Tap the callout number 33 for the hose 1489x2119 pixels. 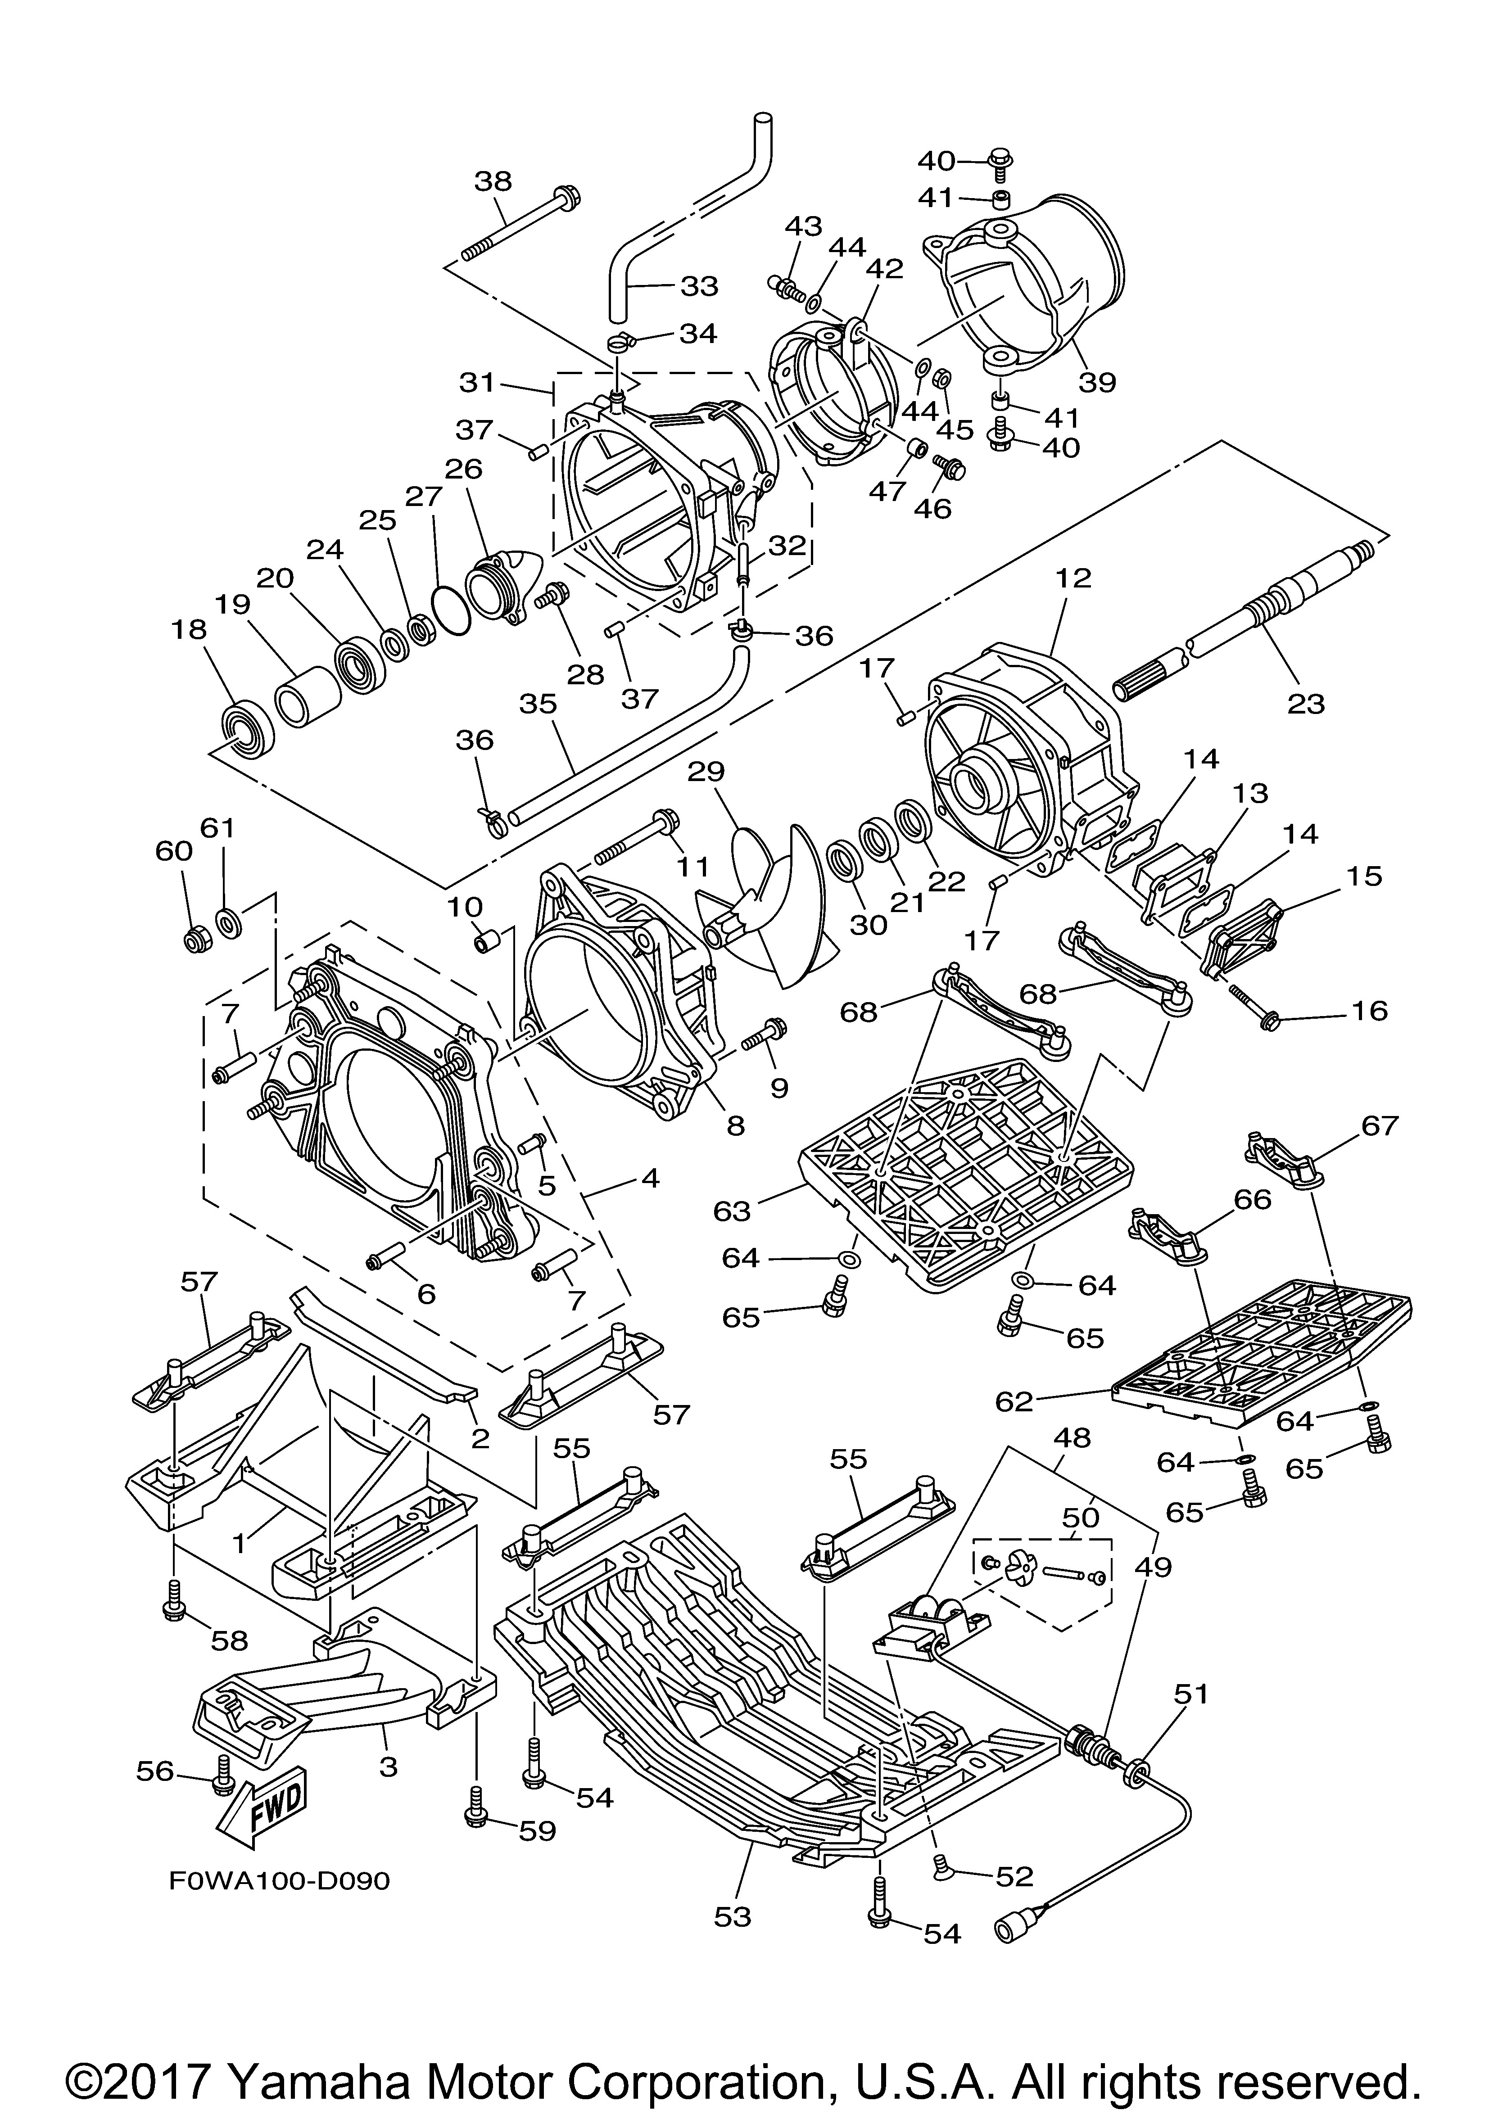699,286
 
